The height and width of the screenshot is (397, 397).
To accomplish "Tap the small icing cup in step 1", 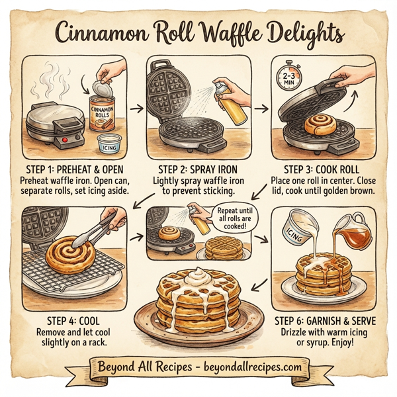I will [108, 142].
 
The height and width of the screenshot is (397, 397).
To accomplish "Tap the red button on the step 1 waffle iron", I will [64, 142].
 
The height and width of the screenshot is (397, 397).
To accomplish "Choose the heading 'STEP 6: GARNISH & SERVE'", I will [326, 321].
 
